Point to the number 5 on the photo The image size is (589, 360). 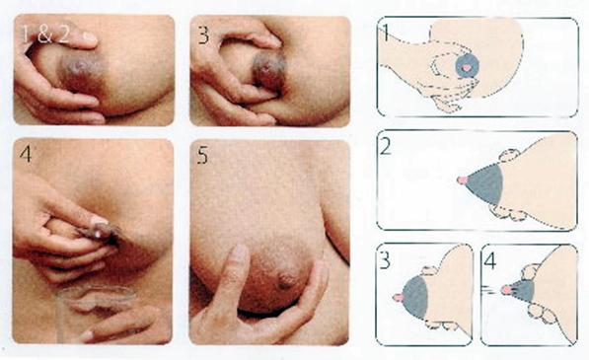click(203, 156)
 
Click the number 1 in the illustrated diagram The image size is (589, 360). click(389, 33)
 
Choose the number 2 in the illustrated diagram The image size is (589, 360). click(390, 148)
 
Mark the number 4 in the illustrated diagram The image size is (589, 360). click(492, 261)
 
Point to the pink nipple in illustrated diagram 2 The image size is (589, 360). click(461, 180)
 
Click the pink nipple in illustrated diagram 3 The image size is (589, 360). click(398, 296)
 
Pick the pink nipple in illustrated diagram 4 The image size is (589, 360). click(506, 291)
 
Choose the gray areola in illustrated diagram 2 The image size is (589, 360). click(485, 180)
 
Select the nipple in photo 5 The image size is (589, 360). click(286, 279)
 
